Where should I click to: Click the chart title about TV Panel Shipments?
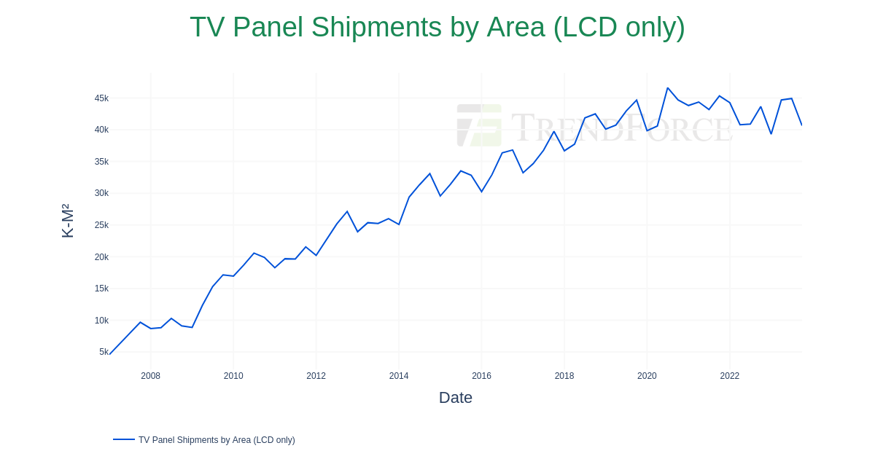tap(437, 28)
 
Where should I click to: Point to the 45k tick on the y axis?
tap(101, 98)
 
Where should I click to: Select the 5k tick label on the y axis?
tap(104, 352)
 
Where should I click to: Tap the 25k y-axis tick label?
tap(101, 225)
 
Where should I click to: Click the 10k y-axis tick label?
tap(101, 321)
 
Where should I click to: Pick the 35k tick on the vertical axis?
tap(101, 162)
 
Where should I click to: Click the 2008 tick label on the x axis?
tap(151, 376)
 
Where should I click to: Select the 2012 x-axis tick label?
tap(316, 376)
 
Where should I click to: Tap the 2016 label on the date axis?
tap(481, 376)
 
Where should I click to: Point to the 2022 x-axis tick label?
tap(730, 376)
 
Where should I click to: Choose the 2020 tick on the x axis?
tap(647, 376)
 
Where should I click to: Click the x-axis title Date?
tap(456, 398)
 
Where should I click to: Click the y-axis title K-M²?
tap(68, 221)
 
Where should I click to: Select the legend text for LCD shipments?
tap(217, 440)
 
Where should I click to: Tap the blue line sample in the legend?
tap(124, 439)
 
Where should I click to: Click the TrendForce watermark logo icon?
tap(479, 125)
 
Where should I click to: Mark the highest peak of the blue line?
tap(668, 88)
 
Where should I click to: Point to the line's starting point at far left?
tap(110, 354)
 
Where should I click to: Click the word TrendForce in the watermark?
tap(621, 127)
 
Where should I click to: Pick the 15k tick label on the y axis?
tap(101, 289)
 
